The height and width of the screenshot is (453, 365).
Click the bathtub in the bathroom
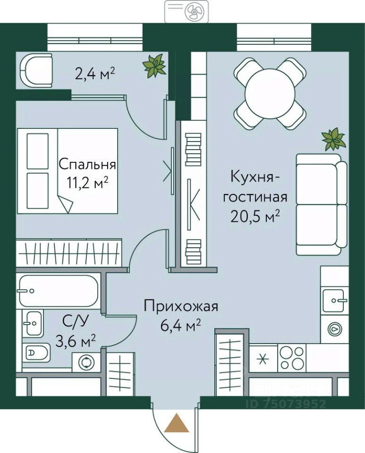(x=59, y=291)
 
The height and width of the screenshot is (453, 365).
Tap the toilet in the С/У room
(x=37, y=352)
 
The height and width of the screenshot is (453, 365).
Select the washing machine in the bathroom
(x=86, y=362)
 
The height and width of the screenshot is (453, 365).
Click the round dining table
(x=270, y=93)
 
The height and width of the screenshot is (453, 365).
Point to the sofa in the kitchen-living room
(x=322, y=204)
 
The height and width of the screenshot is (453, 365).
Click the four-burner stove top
(x=292, y=358)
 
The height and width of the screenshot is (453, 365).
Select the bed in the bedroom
(x=68, y=171)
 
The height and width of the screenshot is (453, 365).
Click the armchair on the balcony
(x=36, y=70)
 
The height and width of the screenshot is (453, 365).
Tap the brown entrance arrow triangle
(x=177, y=422)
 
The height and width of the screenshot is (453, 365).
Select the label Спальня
(x=87, y=165)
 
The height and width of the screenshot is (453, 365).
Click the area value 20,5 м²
(x=255, y=217)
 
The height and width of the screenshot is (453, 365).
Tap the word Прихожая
(x=181, y=307)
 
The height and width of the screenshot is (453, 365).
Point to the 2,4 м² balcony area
(x=95, y=75)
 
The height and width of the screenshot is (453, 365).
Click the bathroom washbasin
(x=33, y=323)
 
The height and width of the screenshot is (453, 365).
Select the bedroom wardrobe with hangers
(x=69, y=252)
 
